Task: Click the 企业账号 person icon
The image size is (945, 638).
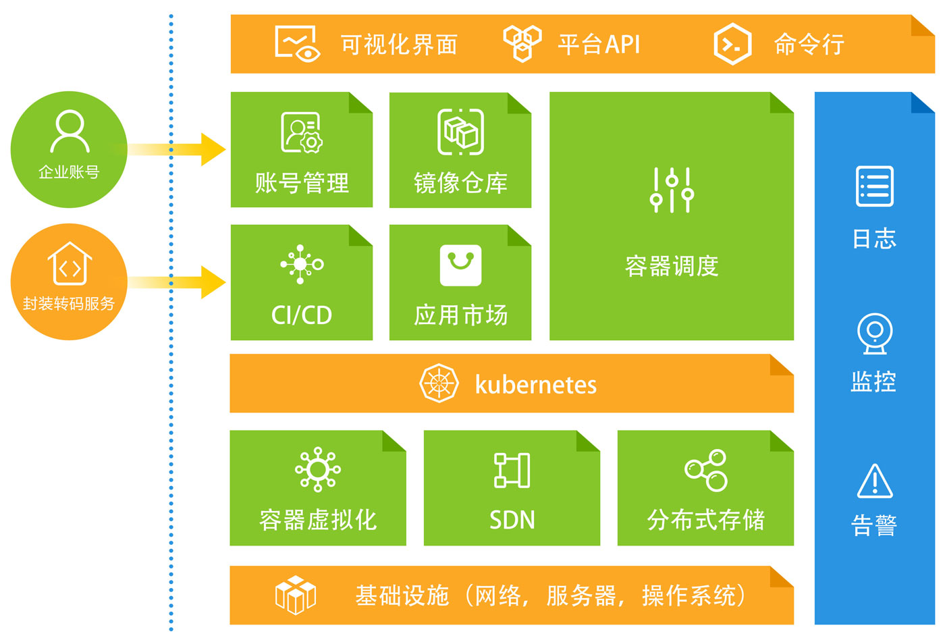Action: coord(70,131)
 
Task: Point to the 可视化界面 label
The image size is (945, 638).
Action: coord(399,45)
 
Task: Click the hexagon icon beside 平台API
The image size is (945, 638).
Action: coord(522,43)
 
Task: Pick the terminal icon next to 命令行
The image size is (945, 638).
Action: coord(732,45)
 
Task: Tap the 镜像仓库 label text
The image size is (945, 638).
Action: coord(460,183)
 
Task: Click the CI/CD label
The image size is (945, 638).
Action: coord(301,315)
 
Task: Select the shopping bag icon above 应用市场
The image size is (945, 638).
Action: coord(460,265)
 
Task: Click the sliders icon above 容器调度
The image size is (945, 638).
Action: coord(672,190)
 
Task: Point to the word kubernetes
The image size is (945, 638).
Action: coord(535,385)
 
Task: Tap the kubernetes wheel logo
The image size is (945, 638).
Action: coord(439,383)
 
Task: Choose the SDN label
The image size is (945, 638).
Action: coord(512,520)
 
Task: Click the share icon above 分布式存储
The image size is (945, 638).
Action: coord(706,470)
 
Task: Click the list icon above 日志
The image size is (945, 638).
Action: coord(874,186)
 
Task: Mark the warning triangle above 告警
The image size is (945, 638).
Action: coord(875,480)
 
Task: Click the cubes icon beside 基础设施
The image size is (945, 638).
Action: coord(296,595)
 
